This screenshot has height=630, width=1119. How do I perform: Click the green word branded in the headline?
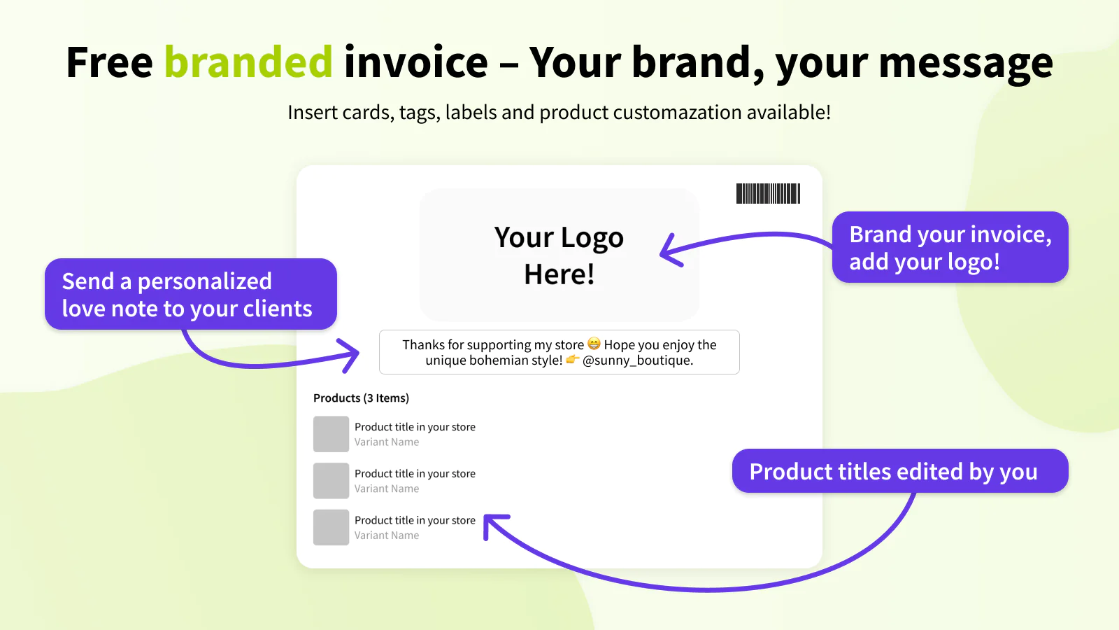248,62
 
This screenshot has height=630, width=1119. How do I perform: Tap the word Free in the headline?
109,62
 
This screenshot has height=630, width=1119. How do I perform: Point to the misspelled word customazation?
677,112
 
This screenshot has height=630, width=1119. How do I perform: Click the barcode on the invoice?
769,193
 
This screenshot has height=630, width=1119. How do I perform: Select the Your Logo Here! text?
559,255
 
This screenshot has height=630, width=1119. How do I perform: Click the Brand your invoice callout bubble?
950,247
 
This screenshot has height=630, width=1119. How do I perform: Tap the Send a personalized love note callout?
191,294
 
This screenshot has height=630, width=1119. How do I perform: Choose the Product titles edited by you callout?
900,470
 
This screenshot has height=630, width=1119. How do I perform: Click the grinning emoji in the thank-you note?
594,344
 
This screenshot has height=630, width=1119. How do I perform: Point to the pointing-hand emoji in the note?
573,359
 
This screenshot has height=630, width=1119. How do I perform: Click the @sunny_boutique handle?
637,360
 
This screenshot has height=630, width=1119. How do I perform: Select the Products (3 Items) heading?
361,398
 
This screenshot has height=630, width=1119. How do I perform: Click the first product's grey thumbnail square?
332,434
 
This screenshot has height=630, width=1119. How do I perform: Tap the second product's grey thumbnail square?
332,480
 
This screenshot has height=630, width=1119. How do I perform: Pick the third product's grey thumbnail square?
332,527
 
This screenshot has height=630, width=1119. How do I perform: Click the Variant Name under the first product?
387,442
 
